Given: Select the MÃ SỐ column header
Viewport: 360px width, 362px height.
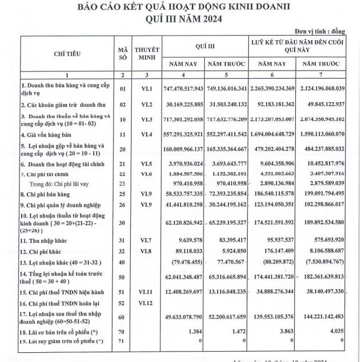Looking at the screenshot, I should [121, 54].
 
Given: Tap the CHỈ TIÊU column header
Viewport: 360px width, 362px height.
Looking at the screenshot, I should [67, 54].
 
